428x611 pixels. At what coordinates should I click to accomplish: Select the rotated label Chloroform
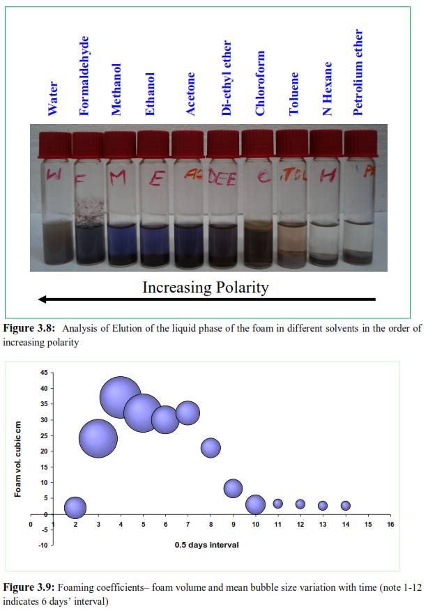[x=261, y=83]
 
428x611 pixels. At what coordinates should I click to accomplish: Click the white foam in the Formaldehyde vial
[x=87, y=209]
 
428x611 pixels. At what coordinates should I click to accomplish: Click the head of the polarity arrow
[x=44, y=300]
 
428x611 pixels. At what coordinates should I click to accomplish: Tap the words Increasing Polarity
[x=205, y=287]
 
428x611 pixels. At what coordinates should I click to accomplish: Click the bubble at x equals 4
[x=121, y=397]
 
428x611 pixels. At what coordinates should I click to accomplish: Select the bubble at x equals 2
[x=75, y=508]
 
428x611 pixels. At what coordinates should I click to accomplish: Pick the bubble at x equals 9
[x=233, y=488]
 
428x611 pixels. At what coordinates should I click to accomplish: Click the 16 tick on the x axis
[x=390, y=523]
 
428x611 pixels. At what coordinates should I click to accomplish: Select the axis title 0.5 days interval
[x=206, y=545]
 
